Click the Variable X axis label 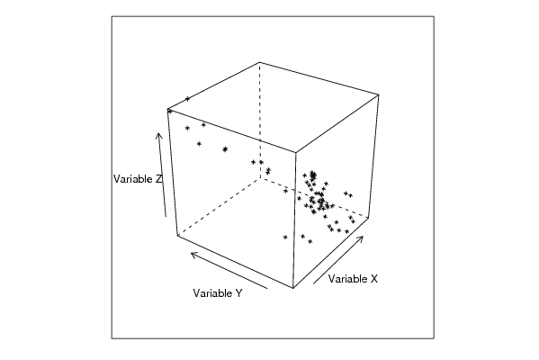(353, 279)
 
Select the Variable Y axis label (218, 293)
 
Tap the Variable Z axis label (138, 179)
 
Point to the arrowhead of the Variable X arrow (363, 237)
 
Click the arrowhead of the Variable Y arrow (191, 254)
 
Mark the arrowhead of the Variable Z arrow (158, 133)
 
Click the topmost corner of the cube (260, 62)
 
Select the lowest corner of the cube (293, 288)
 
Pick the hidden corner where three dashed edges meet (260, 178)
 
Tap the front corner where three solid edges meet (296, 151)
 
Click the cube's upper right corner (379, 94)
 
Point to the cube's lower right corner (369, 218)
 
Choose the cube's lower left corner (177, 236)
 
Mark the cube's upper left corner (168, 109)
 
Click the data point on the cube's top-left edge (187, 99)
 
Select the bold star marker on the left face (225, 148)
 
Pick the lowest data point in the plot (310, 241)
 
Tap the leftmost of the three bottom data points (285, 237)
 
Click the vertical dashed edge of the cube (260, 121)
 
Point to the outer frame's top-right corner (434, 16)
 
